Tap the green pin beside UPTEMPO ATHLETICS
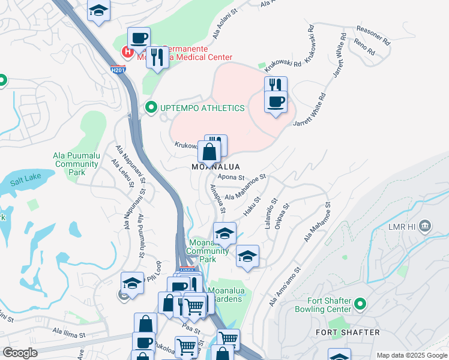[x=150, y=108]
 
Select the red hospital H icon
[x=127, y=52]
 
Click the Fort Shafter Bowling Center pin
[x=360, y=305]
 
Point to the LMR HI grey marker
[x=425, y=226]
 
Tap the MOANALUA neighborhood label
[x=215, y=166]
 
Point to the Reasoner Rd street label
[x=373, y=29]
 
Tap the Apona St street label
[x=232, y=178]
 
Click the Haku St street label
[x=252, y=207]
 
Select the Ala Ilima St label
[x=70, y=331]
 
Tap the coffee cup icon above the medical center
[x=139, y=38]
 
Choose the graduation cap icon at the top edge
[x=98, y=11]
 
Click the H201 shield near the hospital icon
[x=118, y=70]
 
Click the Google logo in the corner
[x=20, y=353]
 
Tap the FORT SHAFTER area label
[x=348, y=332]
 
